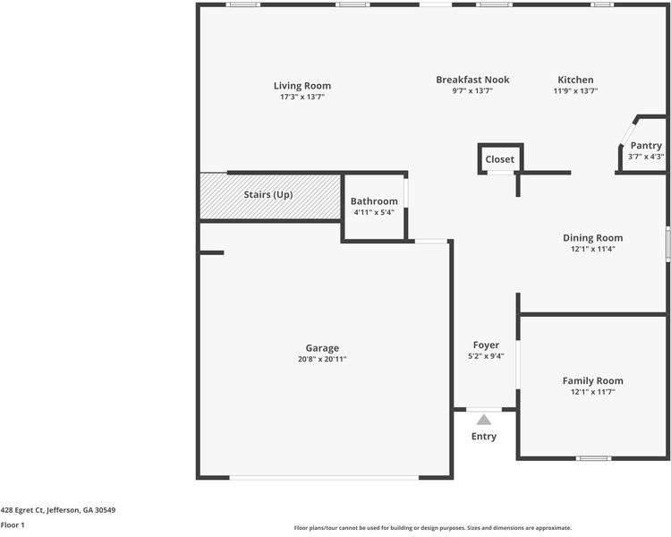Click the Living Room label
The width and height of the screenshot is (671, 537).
[302, 86]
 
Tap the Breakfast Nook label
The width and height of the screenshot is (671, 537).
[472, 80]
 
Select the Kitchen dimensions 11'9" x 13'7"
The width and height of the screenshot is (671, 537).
[575, 91]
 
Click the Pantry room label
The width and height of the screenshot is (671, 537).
[645, 146]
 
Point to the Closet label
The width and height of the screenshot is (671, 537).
[499, 159]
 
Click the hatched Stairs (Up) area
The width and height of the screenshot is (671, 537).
[269, 195]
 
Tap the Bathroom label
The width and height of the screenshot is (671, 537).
[374, 201]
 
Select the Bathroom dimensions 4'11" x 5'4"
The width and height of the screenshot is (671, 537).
[374, 212]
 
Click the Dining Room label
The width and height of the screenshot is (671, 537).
[592, 238]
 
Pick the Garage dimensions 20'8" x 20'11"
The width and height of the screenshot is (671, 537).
[322, 359]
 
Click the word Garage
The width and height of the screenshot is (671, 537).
[322, 348]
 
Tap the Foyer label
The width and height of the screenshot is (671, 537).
[486, 345]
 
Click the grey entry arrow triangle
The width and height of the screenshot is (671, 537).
[484, 419]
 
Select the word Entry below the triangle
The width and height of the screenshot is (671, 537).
[484, 437]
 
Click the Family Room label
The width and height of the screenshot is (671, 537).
[592, 380]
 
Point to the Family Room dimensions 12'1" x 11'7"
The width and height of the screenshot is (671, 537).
[592, 392]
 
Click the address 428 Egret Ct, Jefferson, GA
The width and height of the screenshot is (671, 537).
[58, 510]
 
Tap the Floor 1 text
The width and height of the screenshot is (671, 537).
[13, 525]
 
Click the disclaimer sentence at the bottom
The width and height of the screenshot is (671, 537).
[432, 528]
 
